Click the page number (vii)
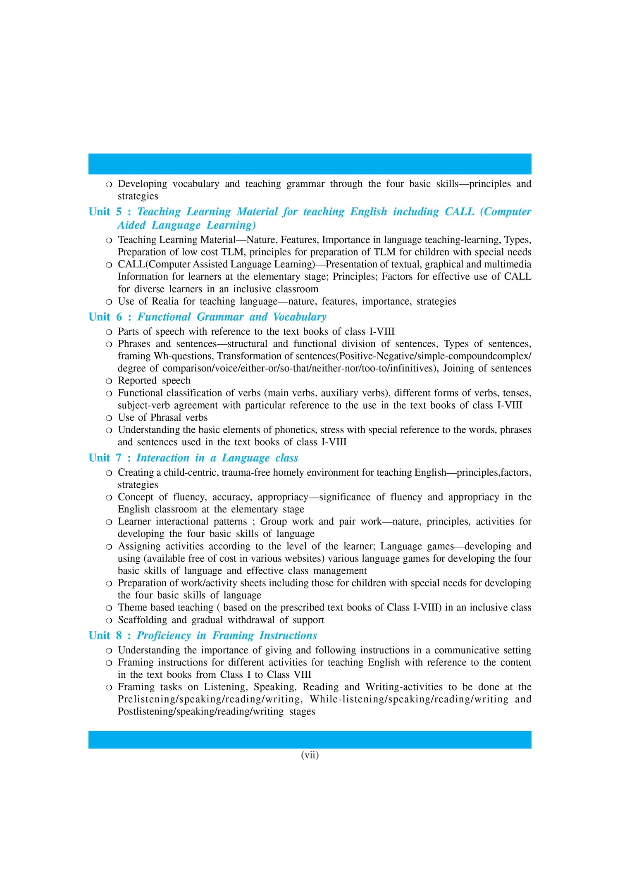tap(310, 755)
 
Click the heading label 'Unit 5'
tap(105, 212)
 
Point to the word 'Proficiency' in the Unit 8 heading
tap(164, 636)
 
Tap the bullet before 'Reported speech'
tap(109, 381)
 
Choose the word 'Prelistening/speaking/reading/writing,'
tap(210, 699)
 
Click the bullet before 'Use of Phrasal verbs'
tap(109, 418)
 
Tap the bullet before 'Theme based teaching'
tap(109, 608)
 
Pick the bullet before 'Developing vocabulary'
tap(109, 184)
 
